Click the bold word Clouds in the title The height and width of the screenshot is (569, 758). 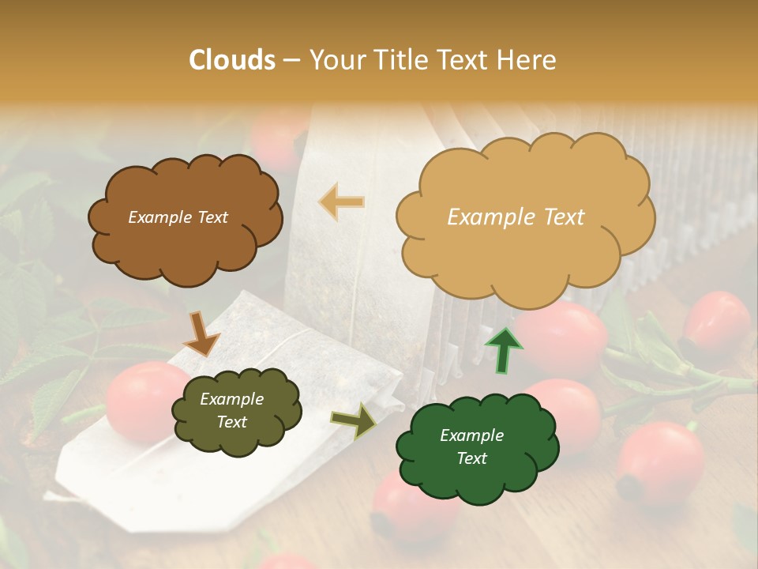tap(232, 60)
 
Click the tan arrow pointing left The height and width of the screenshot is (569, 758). tap(342, 202)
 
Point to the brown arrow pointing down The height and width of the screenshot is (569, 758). tap(202, 333)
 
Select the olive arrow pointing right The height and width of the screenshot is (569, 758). tap(354, 420)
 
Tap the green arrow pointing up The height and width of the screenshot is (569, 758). tap(504, 349)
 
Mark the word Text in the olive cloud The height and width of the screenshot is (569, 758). tap(232, 422)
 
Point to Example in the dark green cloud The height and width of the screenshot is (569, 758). tap(471, 435)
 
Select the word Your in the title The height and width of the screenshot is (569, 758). tap(332, 60)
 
